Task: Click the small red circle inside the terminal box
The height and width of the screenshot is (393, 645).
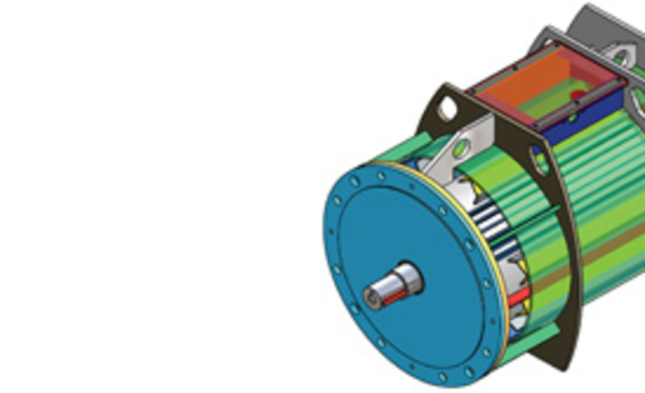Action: click(578, 94)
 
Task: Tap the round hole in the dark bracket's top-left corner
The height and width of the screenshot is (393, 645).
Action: click(448, 109)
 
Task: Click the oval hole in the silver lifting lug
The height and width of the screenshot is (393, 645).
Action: click(462, 148)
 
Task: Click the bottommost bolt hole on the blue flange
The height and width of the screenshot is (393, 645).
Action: click(442, 377)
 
